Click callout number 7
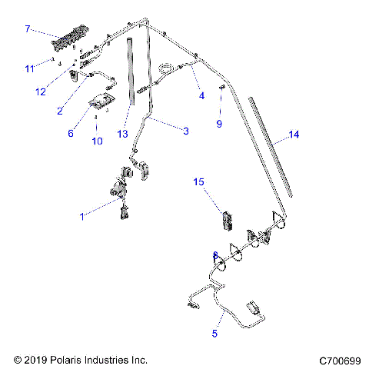tap(28, 29)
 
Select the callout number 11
tap(30, 69)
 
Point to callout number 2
tap(59, 111)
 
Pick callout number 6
tap(70, 133)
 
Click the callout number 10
tap(97, 141)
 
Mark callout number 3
tap(185, 131)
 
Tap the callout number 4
tap(202, 96)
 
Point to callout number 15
tap(198, 182)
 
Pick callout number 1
tap(82, 218)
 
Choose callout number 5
tap(215, 334)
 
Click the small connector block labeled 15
tap(226, 220)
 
